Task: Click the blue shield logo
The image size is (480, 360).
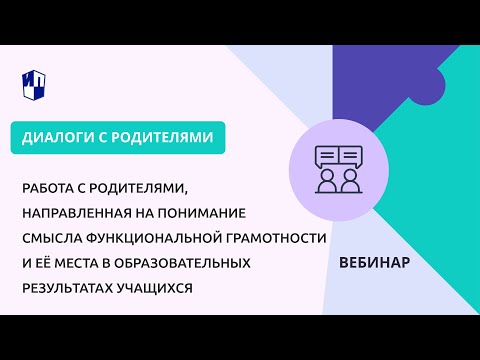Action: pyautogui.click(x=35, y=84)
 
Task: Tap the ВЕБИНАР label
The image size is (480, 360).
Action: pyautogui.click(x=374, y=262)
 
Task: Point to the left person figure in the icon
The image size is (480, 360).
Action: pyautogui.click(x=326, y=181)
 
